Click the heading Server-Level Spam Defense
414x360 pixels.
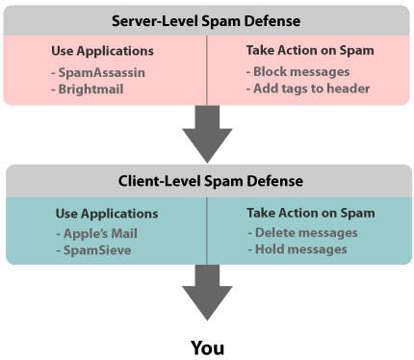(x=207, y=19)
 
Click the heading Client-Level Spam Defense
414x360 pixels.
(x=207, y=180)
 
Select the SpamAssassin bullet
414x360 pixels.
(x=94, y=70)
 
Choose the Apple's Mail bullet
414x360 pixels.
(x=91, y=232)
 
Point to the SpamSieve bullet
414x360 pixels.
(x=88, y=248)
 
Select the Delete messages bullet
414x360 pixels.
(x=301, y=232)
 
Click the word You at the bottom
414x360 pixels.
(x=207, y=346)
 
